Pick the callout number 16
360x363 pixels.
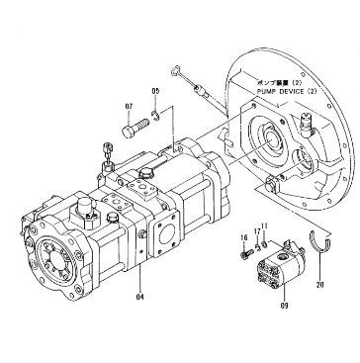(x=243, y=239)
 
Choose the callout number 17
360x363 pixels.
(x=255, y=232)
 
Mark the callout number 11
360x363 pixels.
(x=265, y=227)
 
